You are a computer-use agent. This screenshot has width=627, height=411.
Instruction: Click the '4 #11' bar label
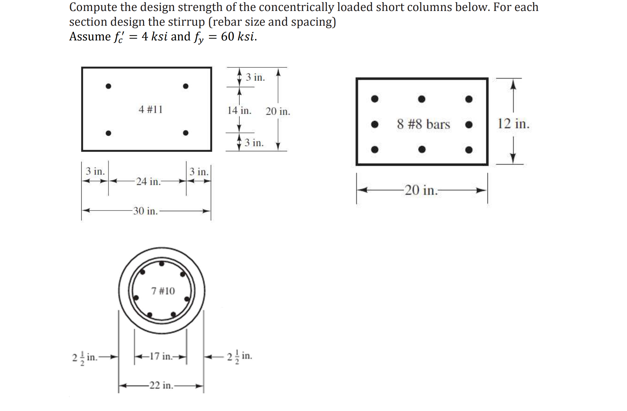151,109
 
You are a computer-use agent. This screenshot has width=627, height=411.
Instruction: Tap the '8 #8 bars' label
423,124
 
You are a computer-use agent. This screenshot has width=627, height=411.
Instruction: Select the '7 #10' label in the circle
163,291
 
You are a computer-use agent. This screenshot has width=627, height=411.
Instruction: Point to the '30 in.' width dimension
145,211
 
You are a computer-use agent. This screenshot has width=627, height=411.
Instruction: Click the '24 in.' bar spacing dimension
149,181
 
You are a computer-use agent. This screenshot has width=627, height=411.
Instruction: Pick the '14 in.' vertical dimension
239,110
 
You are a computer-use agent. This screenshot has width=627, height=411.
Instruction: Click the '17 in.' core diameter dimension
161,356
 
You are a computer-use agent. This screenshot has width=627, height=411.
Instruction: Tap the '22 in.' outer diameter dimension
161,385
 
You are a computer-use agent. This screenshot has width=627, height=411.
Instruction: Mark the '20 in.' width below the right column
421,190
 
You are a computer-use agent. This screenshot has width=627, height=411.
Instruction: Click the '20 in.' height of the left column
278,111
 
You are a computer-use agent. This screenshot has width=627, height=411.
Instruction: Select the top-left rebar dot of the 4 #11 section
108,86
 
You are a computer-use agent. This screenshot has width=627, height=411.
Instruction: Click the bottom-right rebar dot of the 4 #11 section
186,133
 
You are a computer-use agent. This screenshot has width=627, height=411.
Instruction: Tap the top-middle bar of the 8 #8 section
422,99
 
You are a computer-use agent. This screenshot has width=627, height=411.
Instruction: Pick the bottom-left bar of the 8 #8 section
375,149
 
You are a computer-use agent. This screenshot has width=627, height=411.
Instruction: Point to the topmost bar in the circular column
162,264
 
